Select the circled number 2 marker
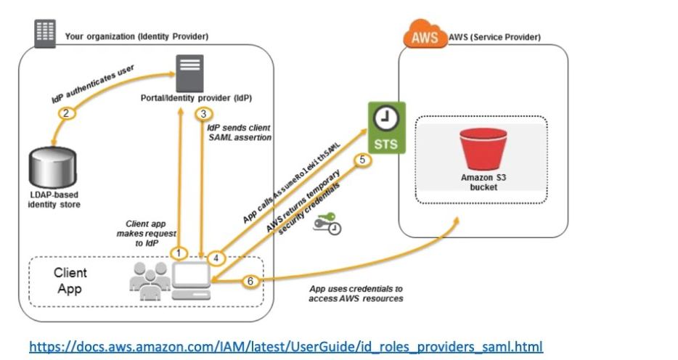pyautogui.click(x=66, y=113)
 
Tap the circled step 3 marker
pyautogui.click(x=204, y=114)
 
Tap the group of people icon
pyautogui.click(x=149, y=281)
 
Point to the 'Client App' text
pyautogui.click(x=70, y=281)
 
